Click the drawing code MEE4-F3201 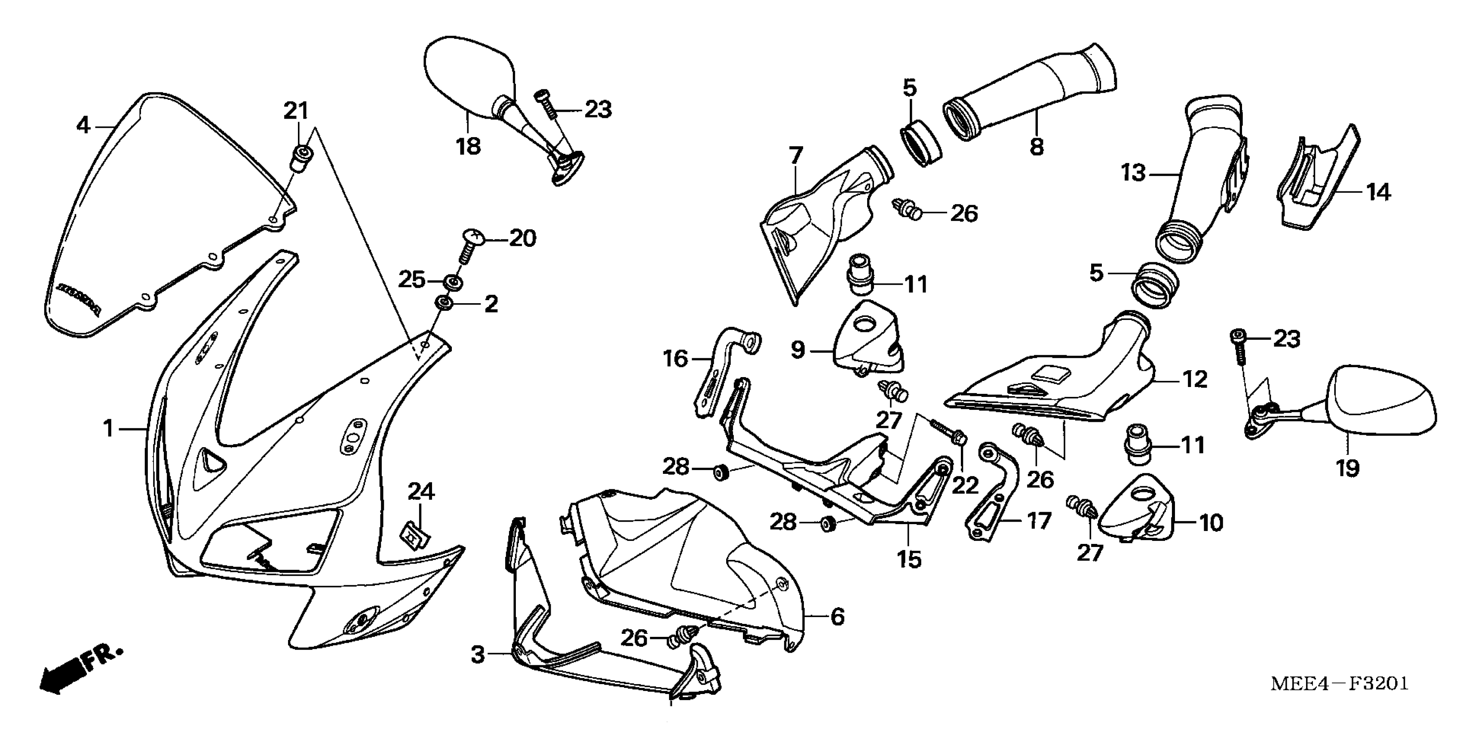point(1339,683)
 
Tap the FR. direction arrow point(80,669)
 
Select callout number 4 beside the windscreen point(83,126)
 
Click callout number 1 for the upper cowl point(108,429)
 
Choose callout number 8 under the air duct point(1037,147)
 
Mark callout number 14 point(1378,193)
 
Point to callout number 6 point(838,617)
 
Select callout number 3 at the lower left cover point(478,655)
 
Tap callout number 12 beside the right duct point(1194,379)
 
